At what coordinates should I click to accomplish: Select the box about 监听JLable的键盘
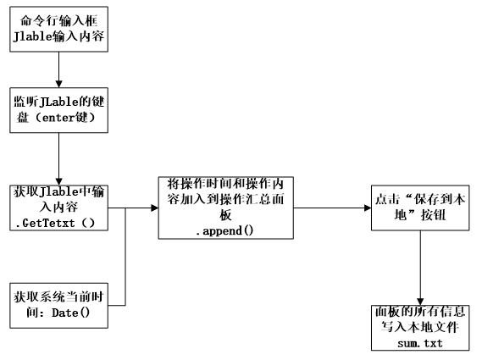(x=58, y=110)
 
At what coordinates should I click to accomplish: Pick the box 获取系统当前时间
(x=58, y=305)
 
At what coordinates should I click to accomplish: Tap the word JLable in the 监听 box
(x=58, y=102)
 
